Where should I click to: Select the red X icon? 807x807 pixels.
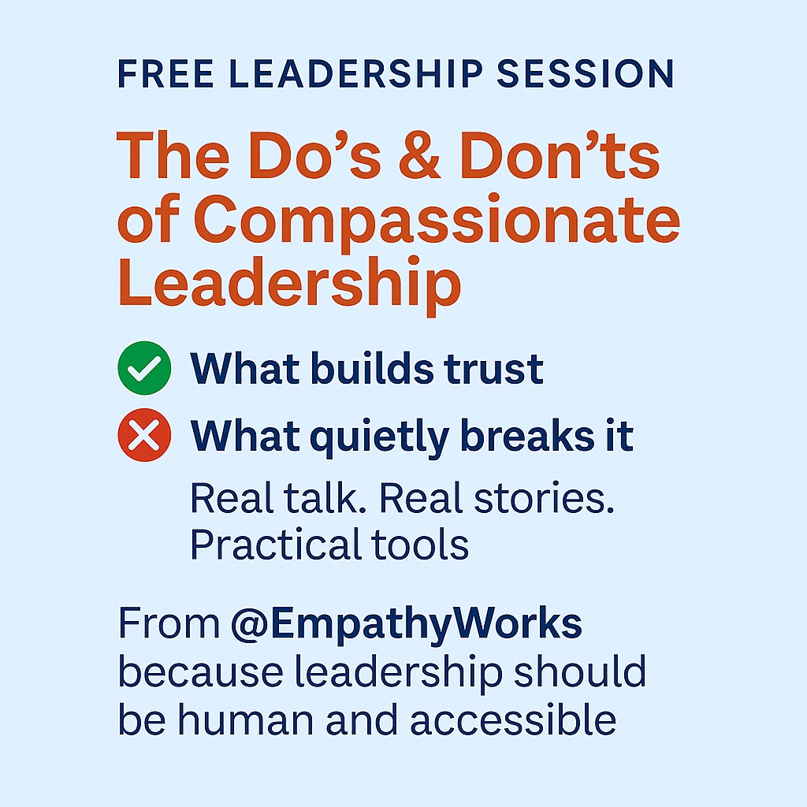144,435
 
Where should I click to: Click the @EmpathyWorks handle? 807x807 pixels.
407,624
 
